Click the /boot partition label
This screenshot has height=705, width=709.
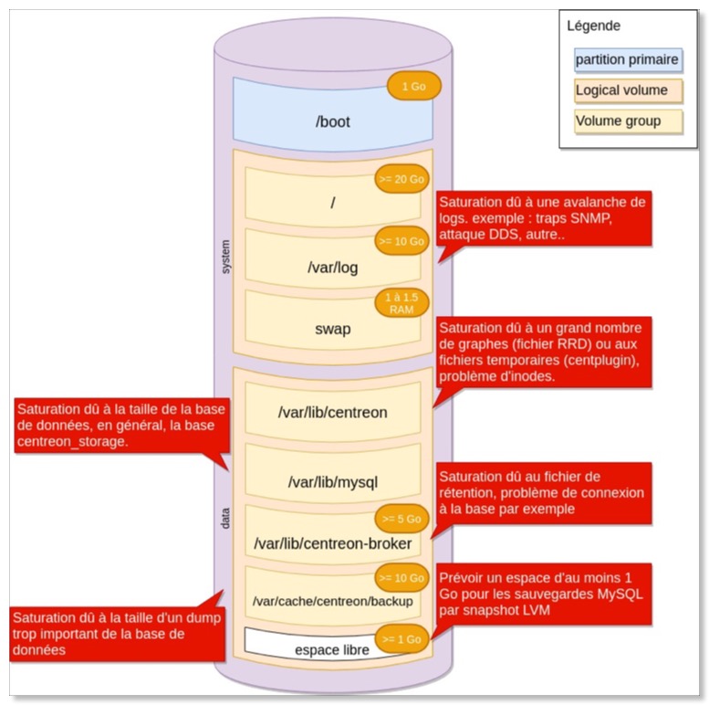pos(332,121)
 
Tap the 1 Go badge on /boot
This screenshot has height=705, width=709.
pos(413,87)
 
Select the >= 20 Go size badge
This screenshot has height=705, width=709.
pos(401,180)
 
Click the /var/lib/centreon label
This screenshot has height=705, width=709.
pos(332,412)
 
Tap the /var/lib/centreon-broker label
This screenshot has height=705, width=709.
pos(332,544)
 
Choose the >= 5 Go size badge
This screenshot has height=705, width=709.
pos(401,518)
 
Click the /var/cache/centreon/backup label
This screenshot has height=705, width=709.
pos(332,602)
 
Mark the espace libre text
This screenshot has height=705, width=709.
pos(332,650)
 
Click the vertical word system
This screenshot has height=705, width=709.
pos(226,257)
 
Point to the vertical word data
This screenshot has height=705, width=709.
pos(226,518)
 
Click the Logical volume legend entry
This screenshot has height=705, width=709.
pos(621,90)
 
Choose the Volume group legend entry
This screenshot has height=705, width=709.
pos(618,121)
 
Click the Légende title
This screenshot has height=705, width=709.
pos(593,26)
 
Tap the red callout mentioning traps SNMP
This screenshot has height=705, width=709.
pos(544,218)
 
